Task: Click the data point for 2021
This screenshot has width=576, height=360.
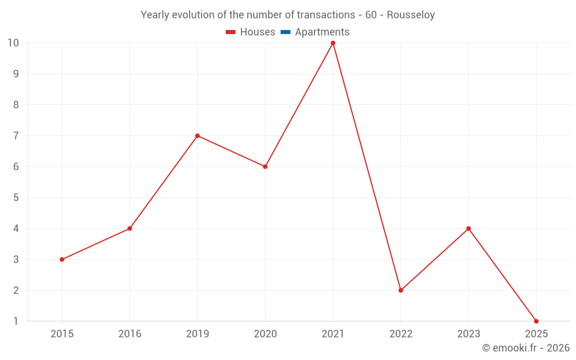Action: pyautogui.click(x=333, y=43)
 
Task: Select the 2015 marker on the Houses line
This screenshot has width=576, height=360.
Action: pyautogui.click(x=62, y=259)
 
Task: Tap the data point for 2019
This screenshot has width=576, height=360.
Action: pyautogui.click(x=198, y=136)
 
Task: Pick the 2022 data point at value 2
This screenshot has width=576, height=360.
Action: pyautogui.click(x=401, y=290)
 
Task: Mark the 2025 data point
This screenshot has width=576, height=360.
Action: pyautogui.click(x=536, y=321)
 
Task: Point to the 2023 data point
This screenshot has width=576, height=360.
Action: pyautogui.click(x=468, y=229)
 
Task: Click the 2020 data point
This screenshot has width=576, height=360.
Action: pyautogui.click(x=265, y=166)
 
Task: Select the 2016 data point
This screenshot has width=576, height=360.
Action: pyautogui.click(x=130, y=229)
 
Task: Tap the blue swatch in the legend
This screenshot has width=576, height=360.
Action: pyautogui.click(x=285, y=32)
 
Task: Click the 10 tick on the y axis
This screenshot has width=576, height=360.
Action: pyautogui.click(x=13, y=43)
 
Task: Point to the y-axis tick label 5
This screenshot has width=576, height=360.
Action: pyautogui.click(x=16, y=198)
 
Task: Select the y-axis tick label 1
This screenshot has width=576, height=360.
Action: pyautogui.click(x=16, y=321)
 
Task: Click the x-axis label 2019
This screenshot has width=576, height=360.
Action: pyautogui.click(x=198, y=334)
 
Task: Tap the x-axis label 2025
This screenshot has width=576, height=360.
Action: pyautogui.click(x=536, y=334)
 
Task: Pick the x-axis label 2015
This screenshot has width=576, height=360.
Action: pyautogui.click(x=62, y=334)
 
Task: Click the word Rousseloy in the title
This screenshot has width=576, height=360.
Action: pyautogui.click(x=411, y=15)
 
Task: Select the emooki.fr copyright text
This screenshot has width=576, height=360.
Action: pyautogui.click(x=526, y=348)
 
